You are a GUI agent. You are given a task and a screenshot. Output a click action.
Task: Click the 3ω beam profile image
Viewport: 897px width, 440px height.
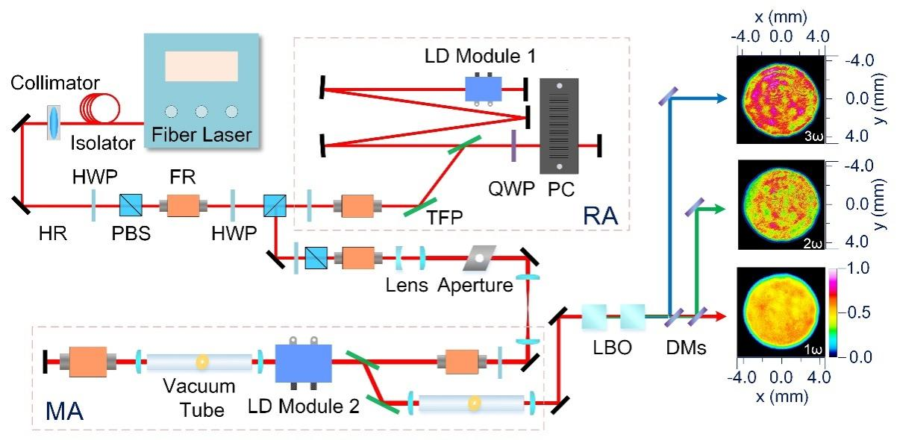pos(781,98)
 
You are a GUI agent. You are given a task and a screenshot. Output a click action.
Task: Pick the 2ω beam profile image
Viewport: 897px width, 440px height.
pos(781,204)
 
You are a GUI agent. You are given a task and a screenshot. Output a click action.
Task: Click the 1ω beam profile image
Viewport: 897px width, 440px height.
pos(781,315)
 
